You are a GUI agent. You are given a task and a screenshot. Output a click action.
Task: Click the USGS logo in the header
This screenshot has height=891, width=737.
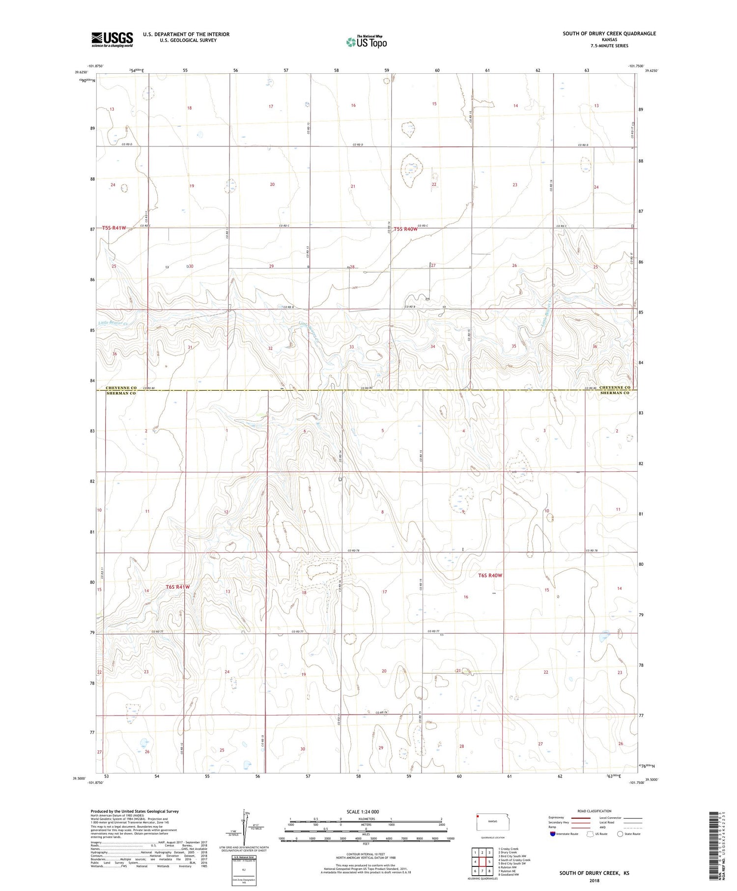point(112,39)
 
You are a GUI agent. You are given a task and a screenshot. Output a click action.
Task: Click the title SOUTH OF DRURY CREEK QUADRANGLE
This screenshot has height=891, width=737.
point(609,33)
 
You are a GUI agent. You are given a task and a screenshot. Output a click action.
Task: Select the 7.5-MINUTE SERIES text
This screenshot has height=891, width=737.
point(609,46)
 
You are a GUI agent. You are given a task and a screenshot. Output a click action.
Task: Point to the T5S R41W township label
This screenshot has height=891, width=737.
point(114,228)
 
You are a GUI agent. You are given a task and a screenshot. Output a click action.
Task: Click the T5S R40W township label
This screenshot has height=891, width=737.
point(405,229)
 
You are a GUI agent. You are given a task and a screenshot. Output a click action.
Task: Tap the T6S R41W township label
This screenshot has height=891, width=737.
point(177,587)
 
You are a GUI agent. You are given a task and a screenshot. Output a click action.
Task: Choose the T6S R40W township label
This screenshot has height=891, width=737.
point(490,575)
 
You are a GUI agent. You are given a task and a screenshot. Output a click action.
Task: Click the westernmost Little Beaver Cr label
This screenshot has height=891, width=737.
point(113,323)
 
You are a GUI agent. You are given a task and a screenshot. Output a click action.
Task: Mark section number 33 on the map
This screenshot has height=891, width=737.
point(351,347)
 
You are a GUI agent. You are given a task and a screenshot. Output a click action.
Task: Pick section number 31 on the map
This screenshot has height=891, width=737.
point(190,347)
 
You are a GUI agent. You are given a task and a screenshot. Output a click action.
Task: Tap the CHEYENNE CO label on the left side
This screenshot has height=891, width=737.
point(121,388)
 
